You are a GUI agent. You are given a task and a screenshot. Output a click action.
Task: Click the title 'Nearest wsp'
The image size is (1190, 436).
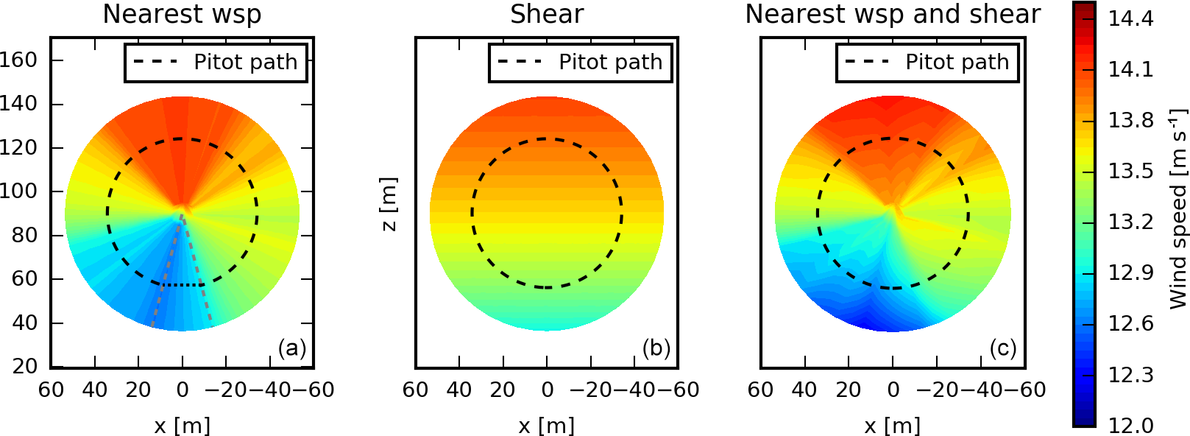coord(182,15)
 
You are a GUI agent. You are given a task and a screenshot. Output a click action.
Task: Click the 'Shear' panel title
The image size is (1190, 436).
coord(547,15)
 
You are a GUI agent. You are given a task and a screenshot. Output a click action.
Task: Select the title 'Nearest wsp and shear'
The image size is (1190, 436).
coord(893,15)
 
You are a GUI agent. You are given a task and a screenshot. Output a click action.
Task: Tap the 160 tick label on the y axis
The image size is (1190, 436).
coord(18,60)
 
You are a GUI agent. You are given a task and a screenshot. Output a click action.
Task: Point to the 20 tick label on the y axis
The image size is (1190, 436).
coord(25,366)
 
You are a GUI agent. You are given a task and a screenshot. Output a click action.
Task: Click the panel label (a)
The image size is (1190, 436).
coord(291,348)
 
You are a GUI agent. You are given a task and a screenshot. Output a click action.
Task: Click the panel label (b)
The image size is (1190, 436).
coord(656,348)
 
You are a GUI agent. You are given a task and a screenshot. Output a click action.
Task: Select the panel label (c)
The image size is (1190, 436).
coord(1002,348)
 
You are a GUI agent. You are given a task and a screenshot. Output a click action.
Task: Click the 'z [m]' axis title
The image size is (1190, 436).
coord(388,204)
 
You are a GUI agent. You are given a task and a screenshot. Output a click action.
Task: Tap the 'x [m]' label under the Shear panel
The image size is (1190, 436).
coord(547,425)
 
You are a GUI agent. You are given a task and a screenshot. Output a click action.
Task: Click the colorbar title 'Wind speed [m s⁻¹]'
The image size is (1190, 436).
coord(1178,209)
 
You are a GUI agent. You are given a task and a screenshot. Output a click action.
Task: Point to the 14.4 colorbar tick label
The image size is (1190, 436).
coord(1130,19)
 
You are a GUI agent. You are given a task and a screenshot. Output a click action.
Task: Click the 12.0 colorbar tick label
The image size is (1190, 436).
coord(1130,425)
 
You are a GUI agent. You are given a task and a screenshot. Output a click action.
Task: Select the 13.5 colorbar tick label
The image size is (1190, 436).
coord(1130,171)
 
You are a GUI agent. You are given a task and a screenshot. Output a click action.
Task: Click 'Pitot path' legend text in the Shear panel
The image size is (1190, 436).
coord(610,63)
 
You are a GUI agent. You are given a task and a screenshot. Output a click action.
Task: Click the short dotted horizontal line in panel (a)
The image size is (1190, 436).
coord(183,284)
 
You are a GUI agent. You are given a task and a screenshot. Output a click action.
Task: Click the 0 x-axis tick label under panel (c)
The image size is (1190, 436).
coord(893,390)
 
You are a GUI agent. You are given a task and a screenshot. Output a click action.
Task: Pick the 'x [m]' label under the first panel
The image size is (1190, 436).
coord(182,425)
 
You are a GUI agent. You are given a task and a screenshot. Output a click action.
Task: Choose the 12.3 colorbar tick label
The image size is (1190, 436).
coord(1130,375)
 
